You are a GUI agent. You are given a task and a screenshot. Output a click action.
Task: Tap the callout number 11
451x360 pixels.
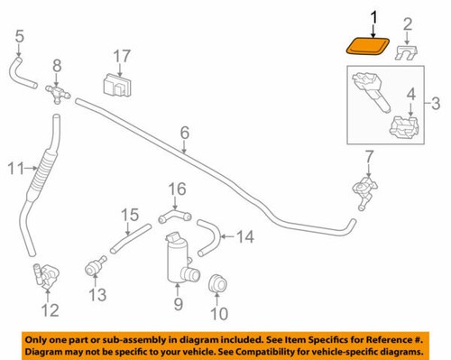pos(13,167)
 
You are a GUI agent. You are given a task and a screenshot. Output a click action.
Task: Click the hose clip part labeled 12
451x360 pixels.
pos(46,272)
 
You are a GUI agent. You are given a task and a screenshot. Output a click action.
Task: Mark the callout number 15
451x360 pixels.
pos(131,215)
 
